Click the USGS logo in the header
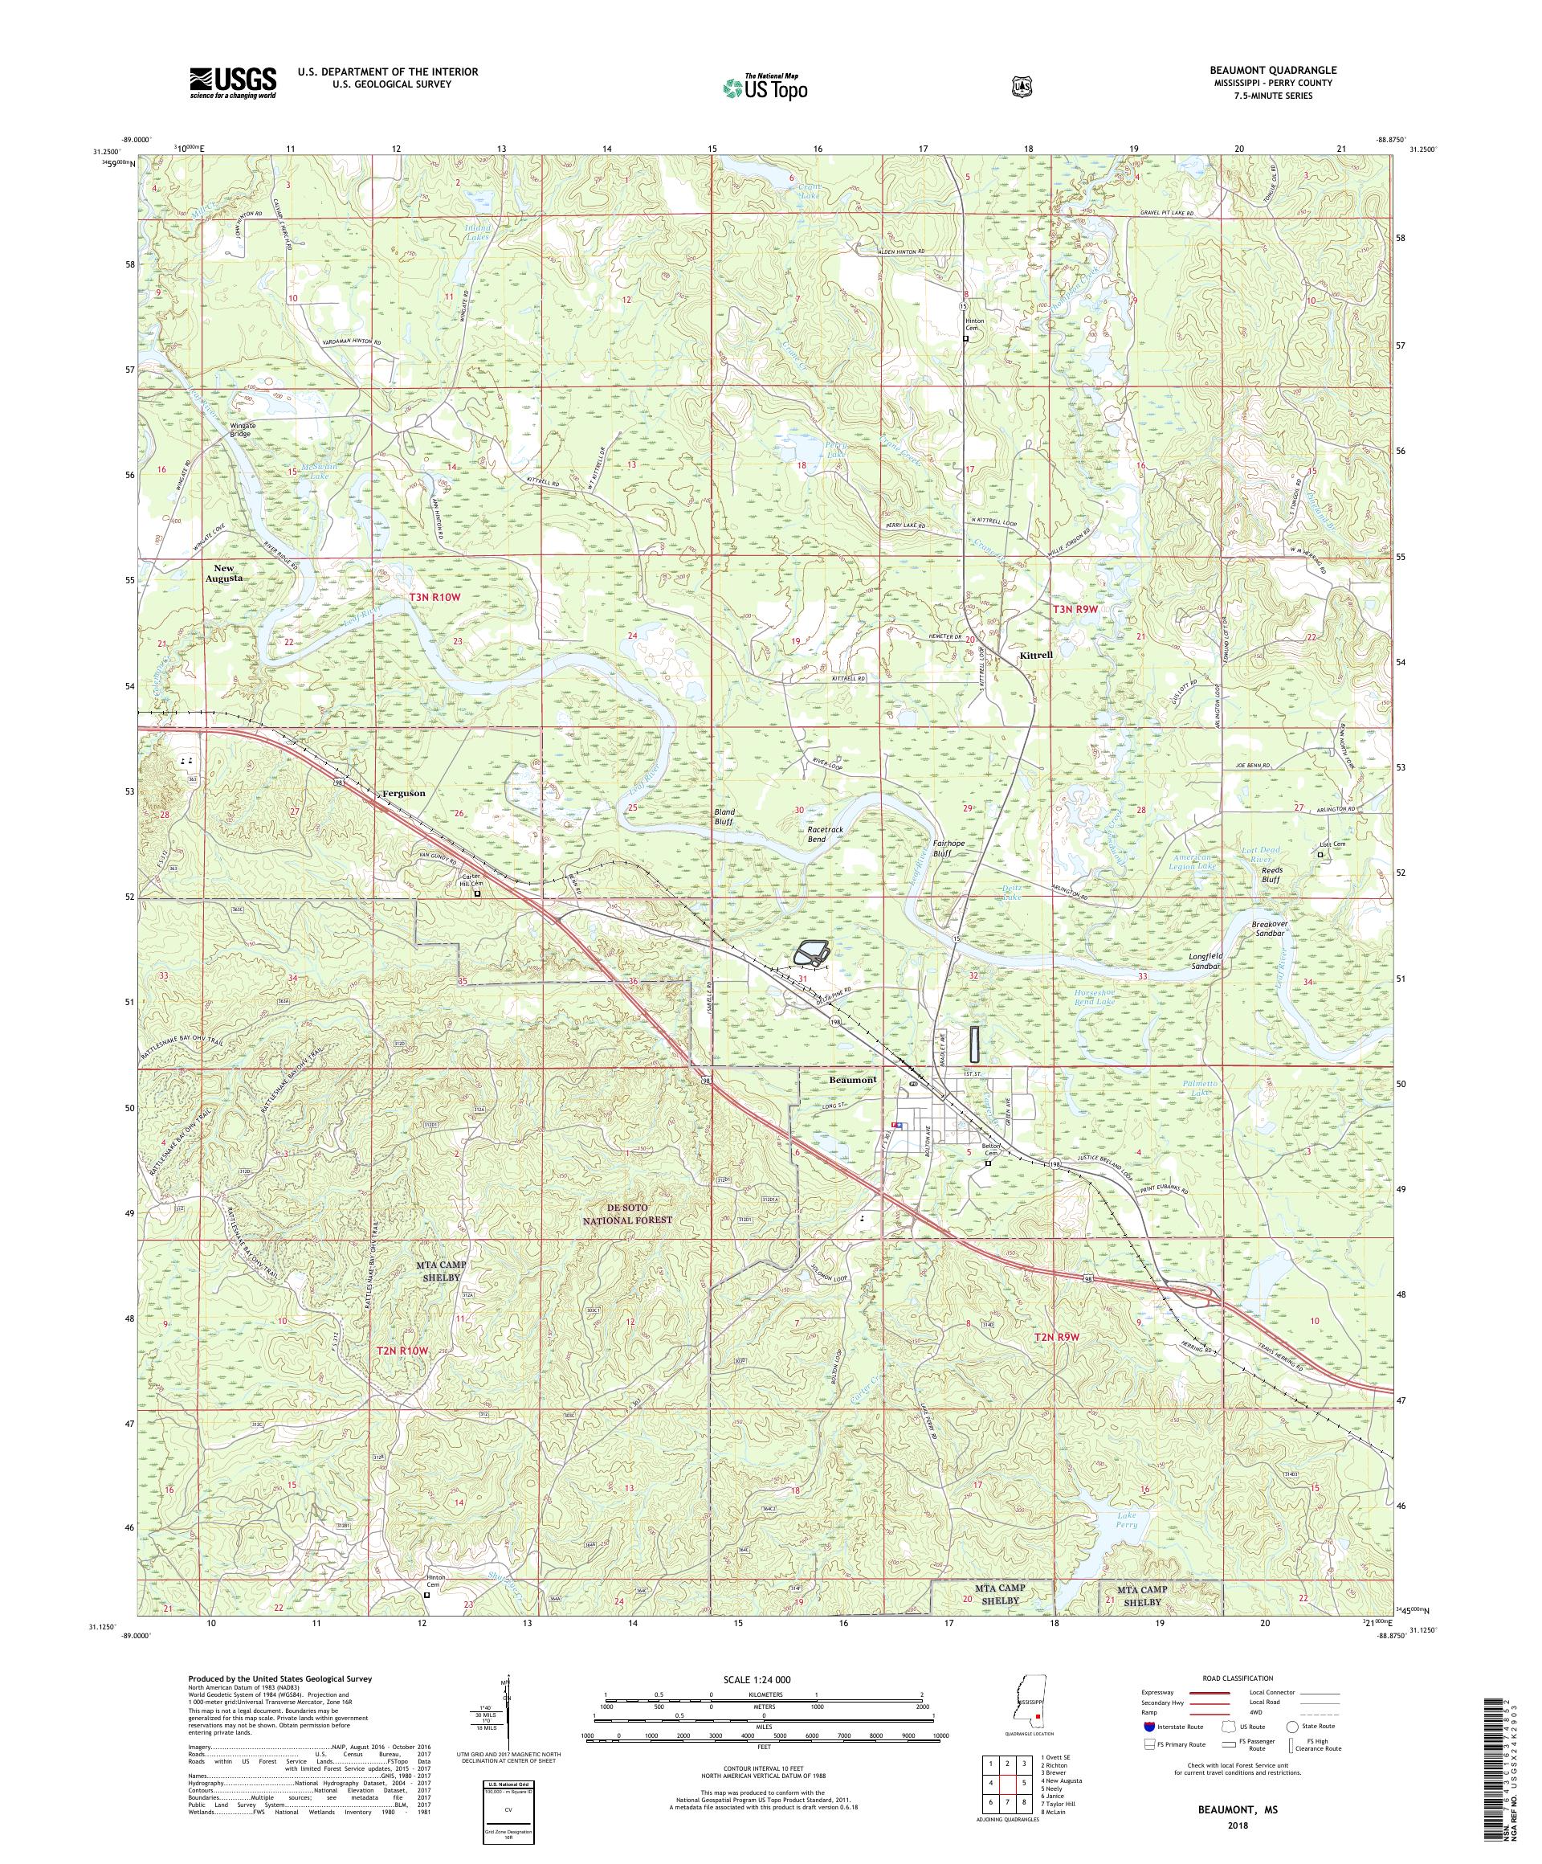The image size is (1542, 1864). pos(232,84)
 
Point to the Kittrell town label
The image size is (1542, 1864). pos(1036,655)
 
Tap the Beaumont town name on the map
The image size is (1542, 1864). pos(852,1079)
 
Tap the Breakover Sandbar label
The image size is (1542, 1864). pos(1267,929)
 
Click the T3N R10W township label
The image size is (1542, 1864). pos(435,598)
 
